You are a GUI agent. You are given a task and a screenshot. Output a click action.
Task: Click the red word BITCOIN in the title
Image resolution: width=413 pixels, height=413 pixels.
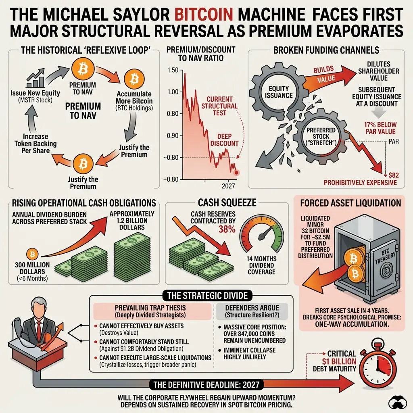[x=204, y=14]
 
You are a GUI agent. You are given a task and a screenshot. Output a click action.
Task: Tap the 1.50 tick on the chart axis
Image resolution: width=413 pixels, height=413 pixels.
[x=173, y=70]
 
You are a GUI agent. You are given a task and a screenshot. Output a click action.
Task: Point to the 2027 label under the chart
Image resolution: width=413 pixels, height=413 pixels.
[x=228, y=186]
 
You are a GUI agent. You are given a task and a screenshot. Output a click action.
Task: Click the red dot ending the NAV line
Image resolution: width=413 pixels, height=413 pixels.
[x=236, y=173]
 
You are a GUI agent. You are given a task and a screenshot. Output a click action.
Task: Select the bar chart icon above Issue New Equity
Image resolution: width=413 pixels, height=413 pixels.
[x=35, y=78]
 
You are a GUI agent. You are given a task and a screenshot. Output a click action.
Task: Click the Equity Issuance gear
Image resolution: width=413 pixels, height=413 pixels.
[x=279, y=92]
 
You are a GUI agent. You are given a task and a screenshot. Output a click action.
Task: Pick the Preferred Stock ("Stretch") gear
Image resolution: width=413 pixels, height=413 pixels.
[x=321, y=136]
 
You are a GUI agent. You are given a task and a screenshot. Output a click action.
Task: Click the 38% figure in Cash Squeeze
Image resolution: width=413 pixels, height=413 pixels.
[x=227, y=229]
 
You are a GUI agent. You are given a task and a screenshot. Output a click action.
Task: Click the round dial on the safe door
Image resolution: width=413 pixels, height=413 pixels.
[x=386, y=270]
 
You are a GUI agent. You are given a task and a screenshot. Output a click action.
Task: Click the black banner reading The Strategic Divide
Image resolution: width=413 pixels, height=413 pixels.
[x=208, y=296]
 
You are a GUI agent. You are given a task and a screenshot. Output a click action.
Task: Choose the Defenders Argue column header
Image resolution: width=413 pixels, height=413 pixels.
[x=252, y=311]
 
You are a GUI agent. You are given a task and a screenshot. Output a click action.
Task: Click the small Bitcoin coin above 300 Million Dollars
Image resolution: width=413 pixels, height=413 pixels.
[x=32, y=254]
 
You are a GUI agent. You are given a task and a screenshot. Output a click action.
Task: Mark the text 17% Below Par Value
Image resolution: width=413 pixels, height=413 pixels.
[x=380, y=128]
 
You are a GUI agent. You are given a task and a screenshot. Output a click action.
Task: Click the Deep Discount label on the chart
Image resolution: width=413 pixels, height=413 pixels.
[x=224, y=140]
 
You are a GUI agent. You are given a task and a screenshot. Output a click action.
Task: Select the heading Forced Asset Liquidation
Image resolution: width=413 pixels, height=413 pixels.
[x=350, y=203]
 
